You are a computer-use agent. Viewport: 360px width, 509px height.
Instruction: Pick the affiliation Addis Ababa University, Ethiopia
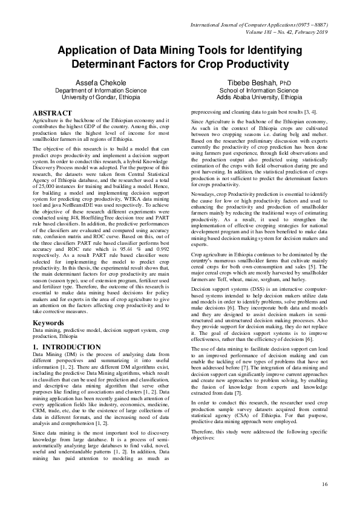coord(260,97)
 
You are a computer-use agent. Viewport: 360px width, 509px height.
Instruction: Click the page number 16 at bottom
coord(325,484)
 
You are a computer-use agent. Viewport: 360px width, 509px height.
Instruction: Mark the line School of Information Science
coord(260,89)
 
